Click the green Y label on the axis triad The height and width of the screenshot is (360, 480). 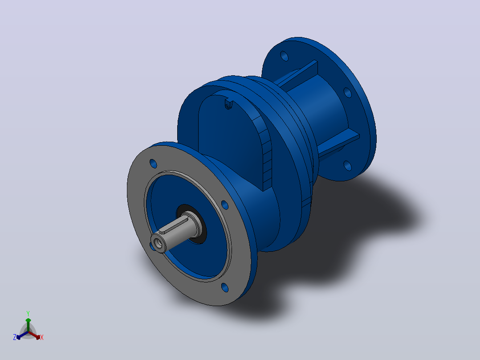click(x=28, y=314)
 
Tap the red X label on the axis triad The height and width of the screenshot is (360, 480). click(x=42, y=337)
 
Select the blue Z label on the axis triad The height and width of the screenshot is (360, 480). click(x=15, y=337)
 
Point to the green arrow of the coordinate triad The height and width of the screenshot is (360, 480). click(x=28, y=325)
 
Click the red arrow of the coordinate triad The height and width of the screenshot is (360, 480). click(x=34, y=335)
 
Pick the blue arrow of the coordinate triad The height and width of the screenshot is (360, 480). click(x=22, y=335)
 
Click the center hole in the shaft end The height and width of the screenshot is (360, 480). click(x=159, y=243)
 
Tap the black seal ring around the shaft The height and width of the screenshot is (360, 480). click(x=191, y=224)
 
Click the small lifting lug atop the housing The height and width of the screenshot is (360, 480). click(x=229, y=104)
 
